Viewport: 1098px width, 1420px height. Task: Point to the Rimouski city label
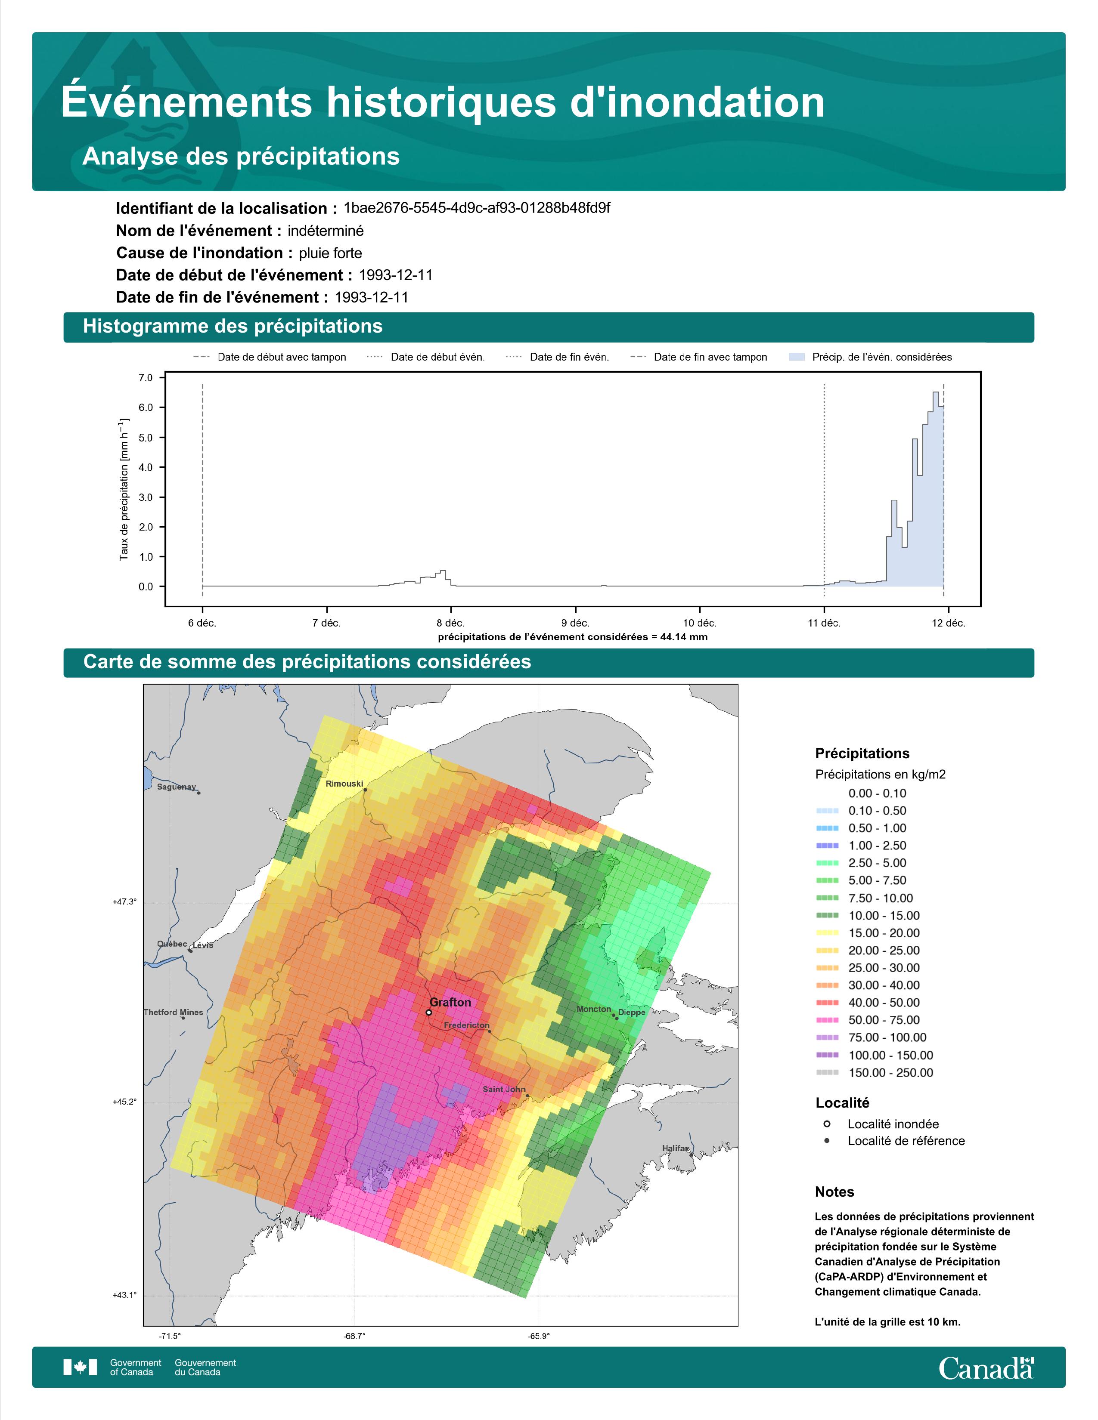tap(344, 784)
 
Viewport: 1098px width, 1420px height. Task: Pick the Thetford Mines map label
tap(174, 1013)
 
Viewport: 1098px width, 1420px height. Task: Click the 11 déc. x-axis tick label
tap(824, 623)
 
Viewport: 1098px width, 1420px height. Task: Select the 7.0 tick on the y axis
tap(146, 378)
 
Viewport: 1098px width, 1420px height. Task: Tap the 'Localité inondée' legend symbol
tap(826, 1124)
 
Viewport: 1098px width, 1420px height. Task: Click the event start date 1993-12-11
tap(395, 275)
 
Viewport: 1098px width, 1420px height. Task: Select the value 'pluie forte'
tap(330, 253)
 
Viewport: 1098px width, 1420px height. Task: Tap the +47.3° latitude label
tap(124, 902)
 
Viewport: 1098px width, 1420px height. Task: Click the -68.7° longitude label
tap(354, 1336)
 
